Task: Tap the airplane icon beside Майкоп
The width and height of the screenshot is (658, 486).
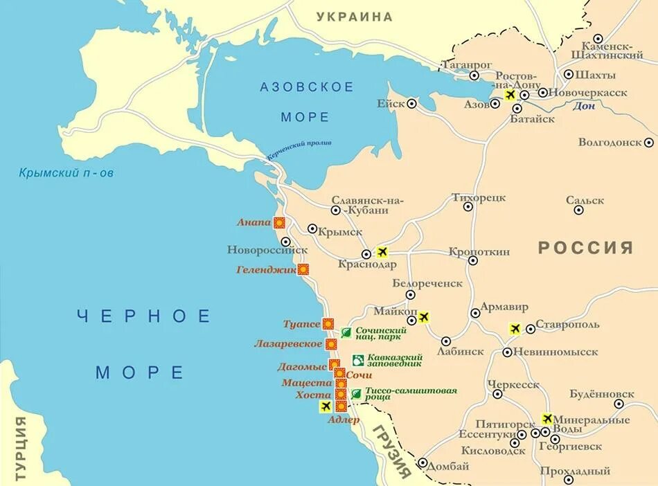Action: point(424,317)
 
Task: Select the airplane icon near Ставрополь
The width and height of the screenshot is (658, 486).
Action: point(515,329)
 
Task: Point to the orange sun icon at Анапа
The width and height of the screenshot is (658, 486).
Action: point(279,222)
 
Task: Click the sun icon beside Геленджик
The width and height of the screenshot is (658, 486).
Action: point(303,269)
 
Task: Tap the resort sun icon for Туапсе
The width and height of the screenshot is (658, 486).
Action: point(328,323)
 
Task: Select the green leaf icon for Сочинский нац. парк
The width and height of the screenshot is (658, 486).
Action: point(346,332)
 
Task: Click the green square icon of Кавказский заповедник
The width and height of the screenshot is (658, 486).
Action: point(358,360)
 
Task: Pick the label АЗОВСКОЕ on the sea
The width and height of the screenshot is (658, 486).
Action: point(307,87)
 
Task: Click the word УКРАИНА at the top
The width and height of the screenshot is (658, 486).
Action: point(355,17)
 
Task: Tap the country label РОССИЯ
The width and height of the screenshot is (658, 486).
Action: point(586,248)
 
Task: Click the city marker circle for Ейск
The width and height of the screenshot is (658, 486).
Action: point(411,104)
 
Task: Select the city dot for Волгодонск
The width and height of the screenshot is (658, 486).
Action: point(648,143)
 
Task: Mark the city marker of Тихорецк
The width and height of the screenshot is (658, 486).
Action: point(468,206)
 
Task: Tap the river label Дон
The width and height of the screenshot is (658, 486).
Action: point(584,106)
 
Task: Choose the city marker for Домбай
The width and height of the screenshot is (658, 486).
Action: point(423,462)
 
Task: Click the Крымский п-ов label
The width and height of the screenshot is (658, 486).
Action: point(66,173)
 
